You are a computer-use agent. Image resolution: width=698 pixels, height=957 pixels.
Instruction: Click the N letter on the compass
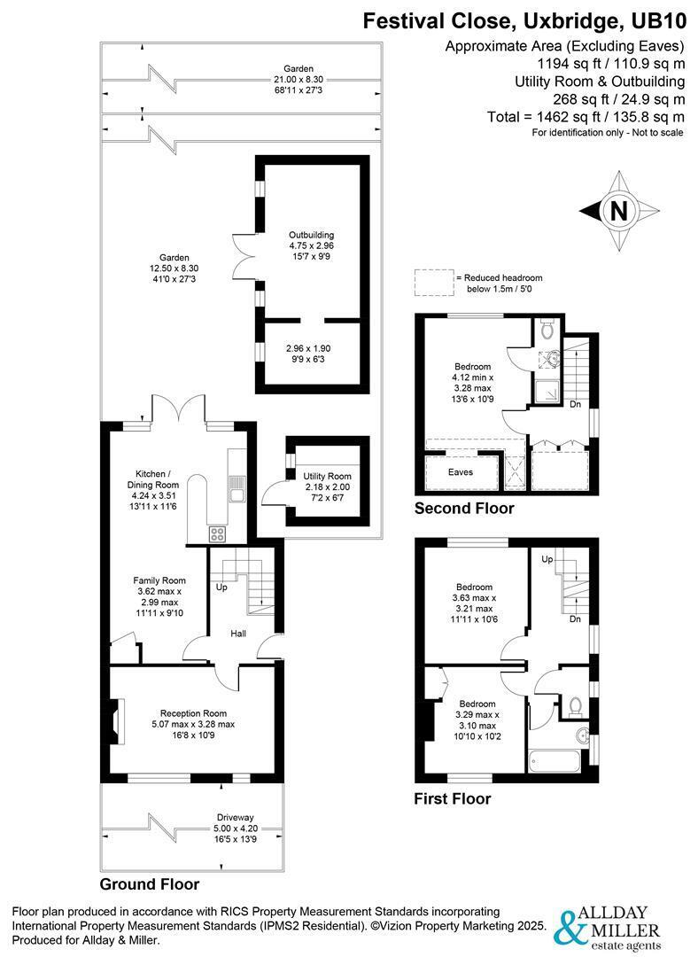pos(618,211)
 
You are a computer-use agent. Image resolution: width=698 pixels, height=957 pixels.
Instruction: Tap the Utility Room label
pos(327,476)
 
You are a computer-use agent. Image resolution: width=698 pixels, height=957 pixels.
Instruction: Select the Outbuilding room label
pos(311,235)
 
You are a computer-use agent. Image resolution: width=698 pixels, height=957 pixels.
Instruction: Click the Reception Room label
pos(193,712)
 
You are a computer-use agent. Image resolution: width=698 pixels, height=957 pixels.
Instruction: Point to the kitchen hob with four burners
pos(217,534)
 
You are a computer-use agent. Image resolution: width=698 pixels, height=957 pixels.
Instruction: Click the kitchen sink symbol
pos(236,488)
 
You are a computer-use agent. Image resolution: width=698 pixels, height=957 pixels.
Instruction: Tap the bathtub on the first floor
pos(555,762)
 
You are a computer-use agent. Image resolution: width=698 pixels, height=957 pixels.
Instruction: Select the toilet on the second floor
pos(547,329)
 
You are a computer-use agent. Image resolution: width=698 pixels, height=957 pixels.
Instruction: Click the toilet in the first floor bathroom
pos(574,706)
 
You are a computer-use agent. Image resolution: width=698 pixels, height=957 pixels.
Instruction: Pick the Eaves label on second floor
pos(461,471)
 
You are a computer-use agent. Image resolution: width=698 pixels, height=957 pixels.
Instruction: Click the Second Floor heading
pos(464,508)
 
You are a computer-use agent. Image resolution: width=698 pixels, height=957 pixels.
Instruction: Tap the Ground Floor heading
pos(150,883)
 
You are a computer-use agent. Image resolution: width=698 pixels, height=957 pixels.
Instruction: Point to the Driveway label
pos(235,817)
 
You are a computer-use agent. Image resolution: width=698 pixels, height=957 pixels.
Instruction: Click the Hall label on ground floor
pos(238,634)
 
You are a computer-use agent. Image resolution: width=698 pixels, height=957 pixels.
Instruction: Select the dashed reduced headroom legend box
pos(434,284)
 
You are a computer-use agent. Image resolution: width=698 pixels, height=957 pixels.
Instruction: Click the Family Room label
pos(159,580)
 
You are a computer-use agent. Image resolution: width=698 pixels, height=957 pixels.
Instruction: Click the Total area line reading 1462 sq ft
pos(586,117)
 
